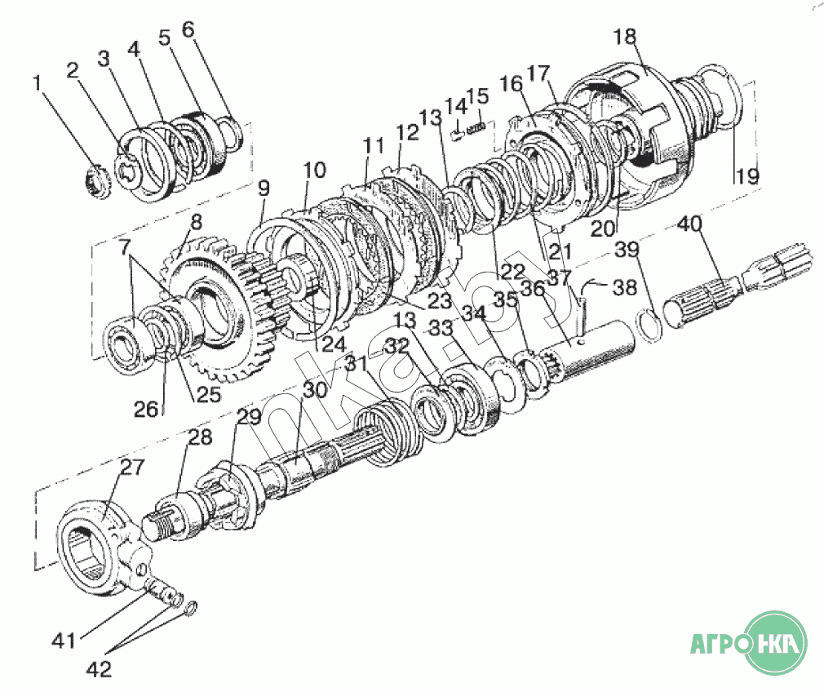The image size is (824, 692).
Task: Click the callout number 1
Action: (36, 82)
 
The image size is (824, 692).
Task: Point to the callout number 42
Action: (100, 669)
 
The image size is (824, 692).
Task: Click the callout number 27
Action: (131, 468)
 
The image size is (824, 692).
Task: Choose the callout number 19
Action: (747, 175)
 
